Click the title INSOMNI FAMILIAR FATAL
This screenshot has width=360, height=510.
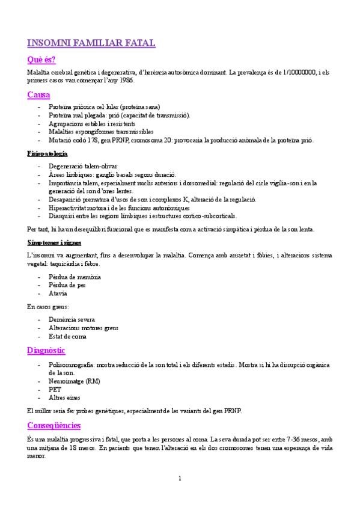(x=91, y=43)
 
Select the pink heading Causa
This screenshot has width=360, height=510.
(x=38, y=95)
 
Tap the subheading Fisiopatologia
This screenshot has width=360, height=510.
(x=47, y=153)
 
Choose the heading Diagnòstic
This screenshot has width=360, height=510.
(x=46, y=350)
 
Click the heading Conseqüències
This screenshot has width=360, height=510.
(x=54, y=425)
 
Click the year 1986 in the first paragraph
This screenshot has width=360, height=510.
(x=124, y=81)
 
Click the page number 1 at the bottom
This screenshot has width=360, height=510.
(x=180, y=478)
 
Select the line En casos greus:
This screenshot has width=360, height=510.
(x=48, y=307)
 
